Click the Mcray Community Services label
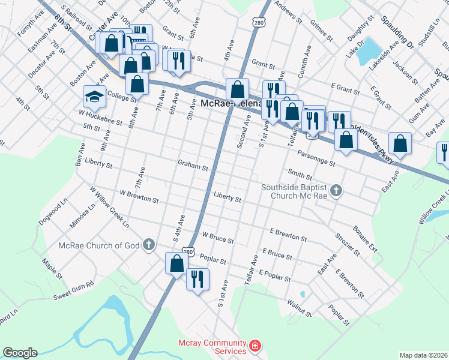[212, 347]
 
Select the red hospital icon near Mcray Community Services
[256, 346]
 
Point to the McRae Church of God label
[99, 245]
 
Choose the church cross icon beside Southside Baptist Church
[337, 191]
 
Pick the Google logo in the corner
[20, 353]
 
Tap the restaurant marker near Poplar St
[196, 278]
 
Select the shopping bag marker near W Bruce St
[176, 263]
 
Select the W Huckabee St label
[100, 116]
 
